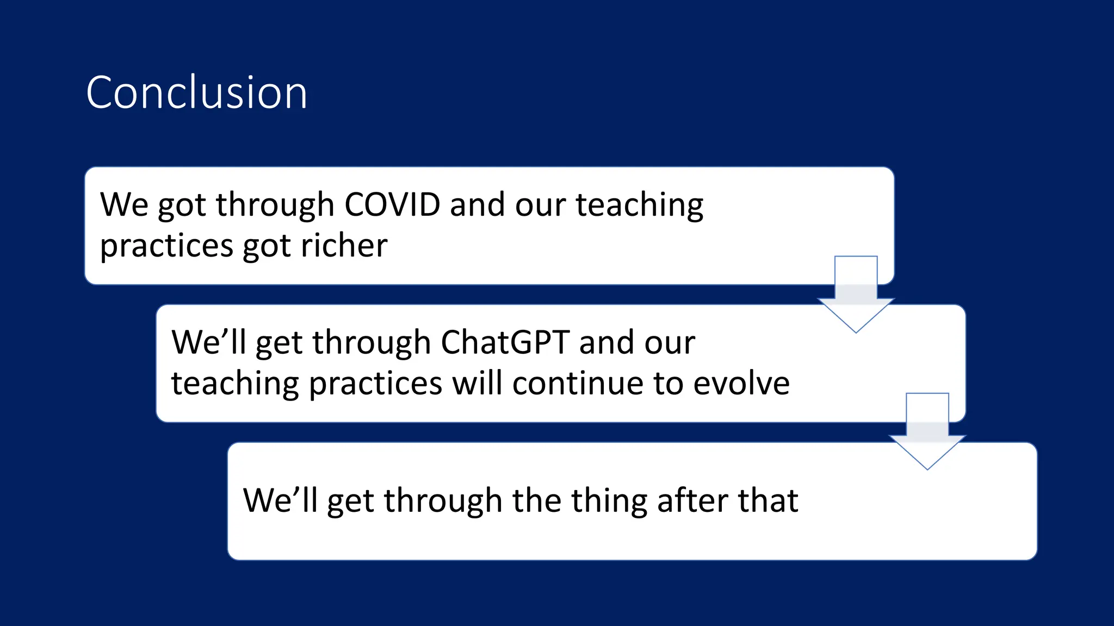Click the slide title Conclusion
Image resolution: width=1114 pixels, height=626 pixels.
[196, 93]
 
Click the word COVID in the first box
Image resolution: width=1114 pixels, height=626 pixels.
[392, 205]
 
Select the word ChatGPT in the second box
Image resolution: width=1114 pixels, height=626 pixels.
[505, 343]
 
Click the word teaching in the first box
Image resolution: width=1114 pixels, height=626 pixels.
[640, 205]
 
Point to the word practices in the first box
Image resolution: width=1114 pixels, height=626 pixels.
[166, 246]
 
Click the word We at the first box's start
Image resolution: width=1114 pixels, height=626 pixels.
[124, 205]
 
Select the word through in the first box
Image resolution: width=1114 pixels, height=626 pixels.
[275, 205]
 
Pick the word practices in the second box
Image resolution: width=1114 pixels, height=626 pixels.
[375, 384]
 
